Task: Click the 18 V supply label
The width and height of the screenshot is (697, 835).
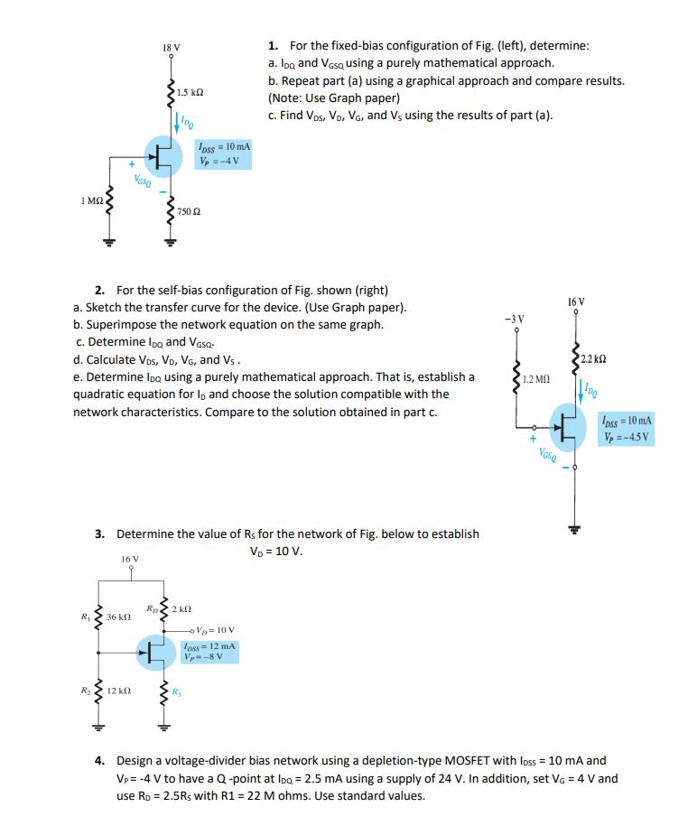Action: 171,47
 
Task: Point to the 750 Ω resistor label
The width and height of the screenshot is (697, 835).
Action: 189,210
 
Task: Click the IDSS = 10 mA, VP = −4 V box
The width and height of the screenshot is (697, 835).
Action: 223,153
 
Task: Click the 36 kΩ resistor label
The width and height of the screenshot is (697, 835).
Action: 120,617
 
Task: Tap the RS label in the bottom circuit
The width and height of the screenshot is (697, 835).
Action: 178,696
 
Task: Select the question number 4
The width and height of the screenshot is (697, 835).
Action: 101,760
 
